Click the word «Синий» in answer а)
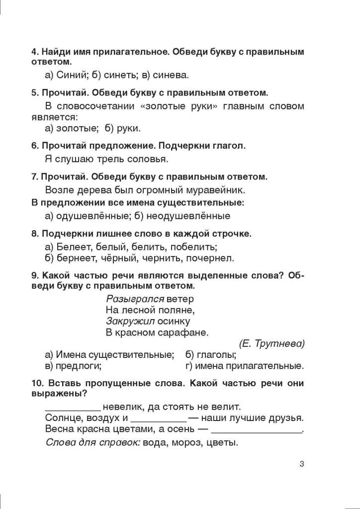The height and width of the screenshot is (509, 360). [x=68, y=75]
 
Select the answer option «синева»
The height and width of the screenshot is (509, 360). [x=171, y=75]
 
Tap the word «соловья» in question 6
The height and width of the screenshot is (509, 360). [x=147, y=159]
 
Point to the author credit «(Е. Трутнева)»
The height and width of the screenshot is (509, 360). [x=271, y=343]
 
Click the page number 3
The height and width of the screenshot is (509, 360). [x=302, y=464]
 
